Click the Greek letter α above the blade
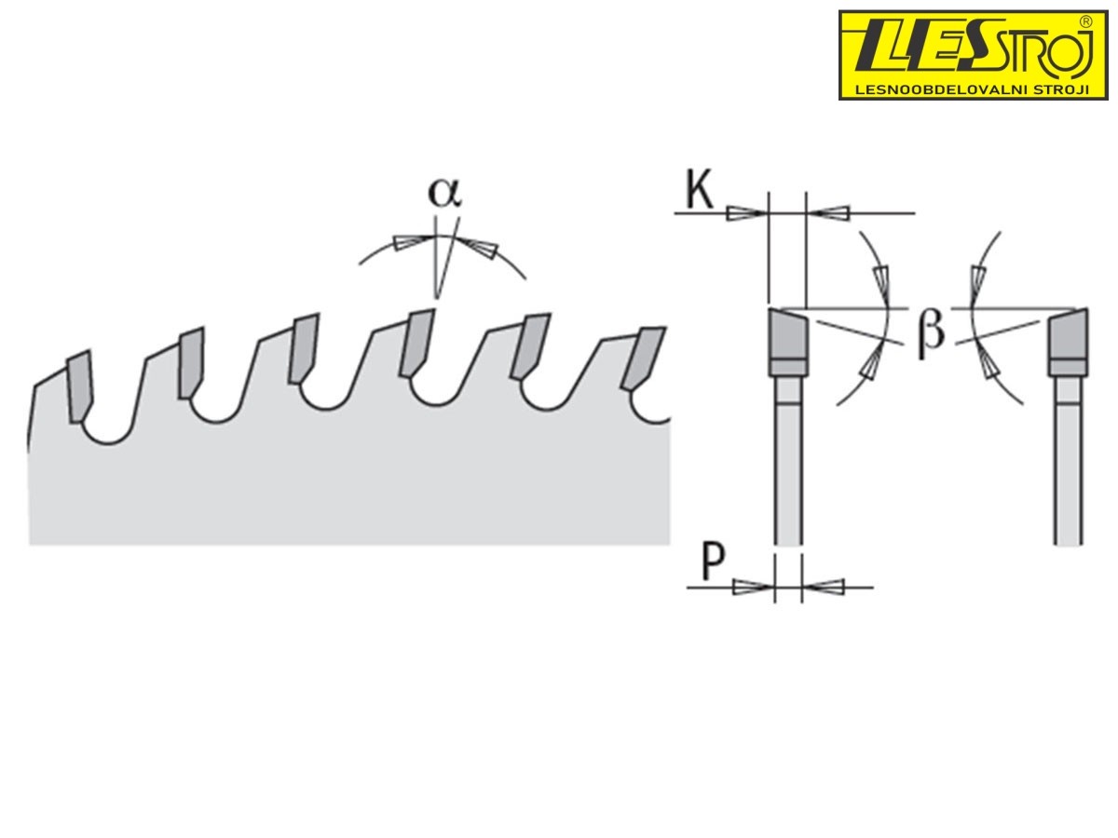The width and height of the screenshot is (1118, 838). [x=444, y=194]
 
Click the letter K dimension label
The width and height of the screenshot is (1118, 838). [x=700, y=190]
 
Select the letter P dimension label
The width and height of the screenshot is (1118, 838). [x=713, y=562]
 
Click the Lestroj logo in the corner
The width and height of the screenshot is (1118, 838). [x=974, y=56]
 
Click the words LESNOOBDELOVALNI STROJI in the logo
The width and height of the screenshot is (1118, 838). [x=973, y=90]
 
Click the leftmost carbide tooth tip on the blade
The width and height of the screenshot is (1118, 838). [x=80, y=386]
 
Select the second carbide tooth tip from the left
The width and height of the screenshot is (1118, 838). [x=192, y=362]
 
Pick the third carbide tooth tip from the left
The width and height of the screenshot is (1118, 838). [x=305, y=348]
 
